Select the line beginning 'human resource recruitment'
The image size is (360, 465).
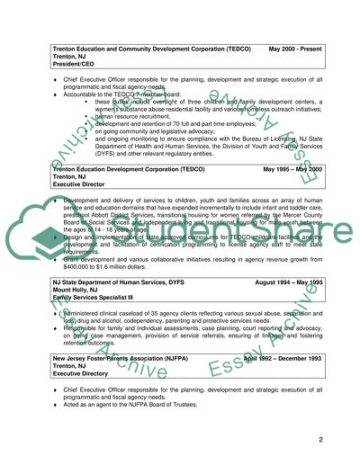[x=149, y=114]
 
